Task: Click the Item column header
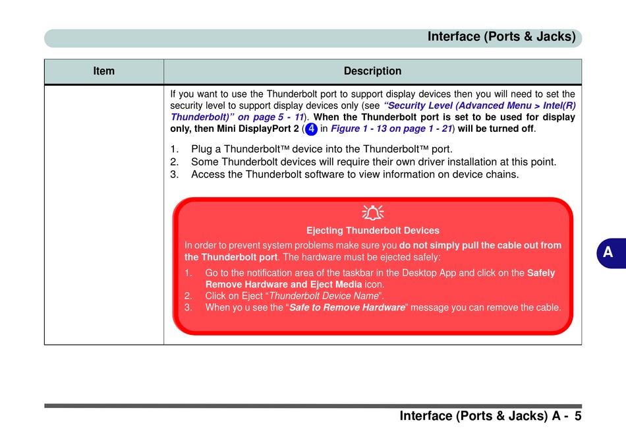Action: pyautogui.click(x=104, y=71)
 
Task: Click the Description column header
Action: pyautogui.click(x=372, y=71)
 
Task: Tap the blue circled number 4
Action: pyautogui.click(x=312, y=129)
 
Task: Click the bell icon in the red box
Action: pyautogui.click(x=373, y=213)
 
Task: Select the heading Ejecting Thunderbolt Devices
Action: pyautogui.click(x=372, y=231)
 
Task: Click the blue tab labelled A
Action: pyautogui.click(x=608, y=252)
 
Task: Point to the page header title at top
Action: pyautogui.click(x=501, y=37)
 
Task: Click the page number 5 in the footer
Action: pyautogui.click(x=577, y=416)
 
